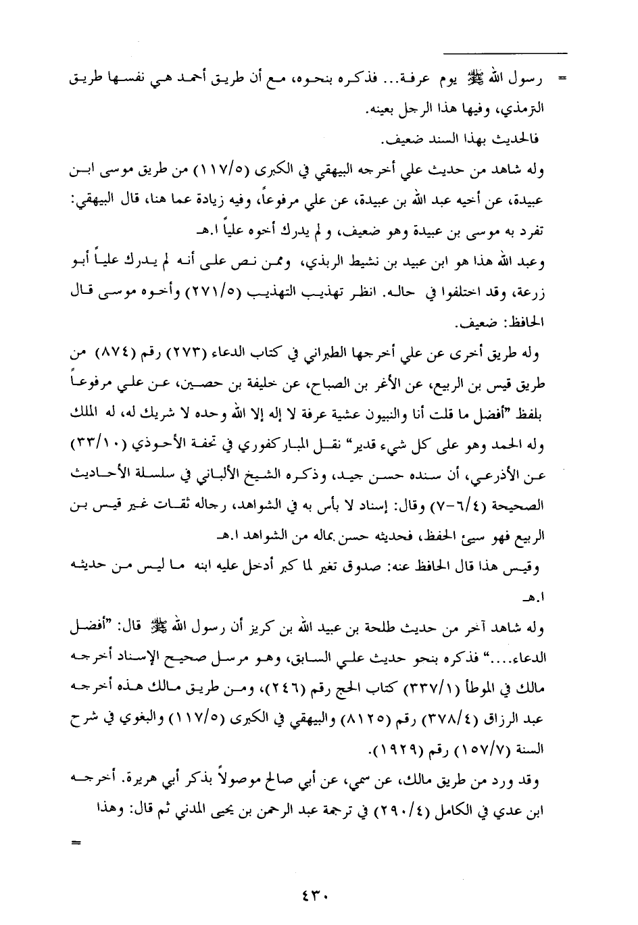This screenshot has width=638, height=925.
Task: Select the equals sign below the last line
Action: pos(76,843)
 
